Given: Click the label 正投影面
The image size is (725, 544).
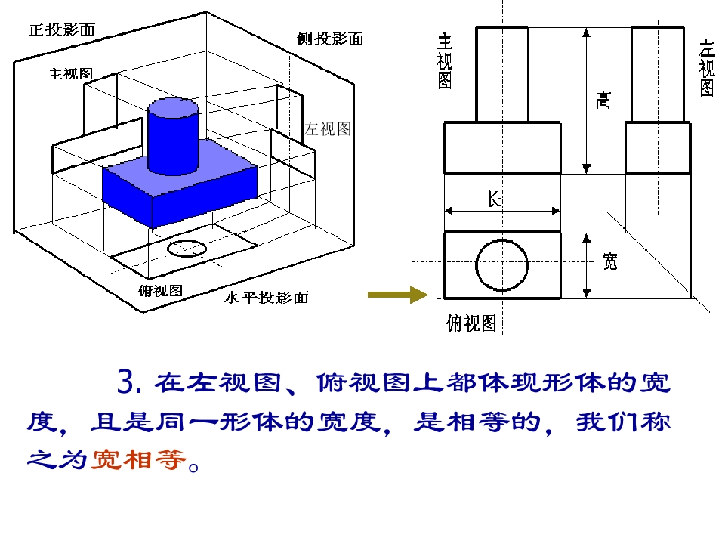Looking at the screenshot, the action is coord(62,30).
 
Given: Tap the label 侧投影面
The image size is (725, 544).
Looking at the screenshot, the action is coord(330,39).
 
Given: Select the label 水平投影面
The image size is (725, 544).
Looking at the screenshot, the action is coord(267,297).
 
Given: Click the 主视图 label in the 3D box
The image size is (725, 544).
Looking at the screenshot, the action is coord(70,73).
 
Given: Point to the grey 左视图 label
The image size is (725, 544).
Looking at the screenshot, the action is coord(327,128).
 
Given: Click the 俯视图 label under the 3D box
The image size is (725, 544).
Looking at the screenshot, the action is coord(160,290).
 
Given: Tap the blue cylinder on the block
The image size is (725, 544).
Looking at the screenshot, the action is coord(174,136).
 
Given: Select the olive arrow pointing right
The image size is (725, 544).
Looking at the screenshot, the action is coord(398,295).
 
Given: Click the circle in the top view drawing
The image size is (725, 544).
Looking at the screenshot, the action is coord(501,240).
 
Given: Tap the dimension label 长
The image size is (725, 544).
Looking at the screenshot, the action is coord(494,199).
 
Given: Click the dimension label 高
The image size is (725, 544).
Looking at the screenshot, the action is coord(603,100).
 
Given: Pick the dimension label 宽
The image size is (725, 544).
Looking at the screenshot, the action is coord(610,261).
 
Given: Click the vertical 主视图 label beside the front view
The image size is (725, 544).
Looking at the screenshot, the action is coord(444,60).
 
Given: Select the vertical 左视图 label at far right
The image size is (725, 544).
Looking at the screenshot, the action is coord(707,68).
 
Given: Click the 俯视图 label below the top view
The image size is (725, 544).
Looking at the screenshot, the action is coord(471,323).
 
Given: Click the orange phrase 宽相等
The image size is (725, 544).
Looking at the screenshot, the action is coord(138,459).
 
